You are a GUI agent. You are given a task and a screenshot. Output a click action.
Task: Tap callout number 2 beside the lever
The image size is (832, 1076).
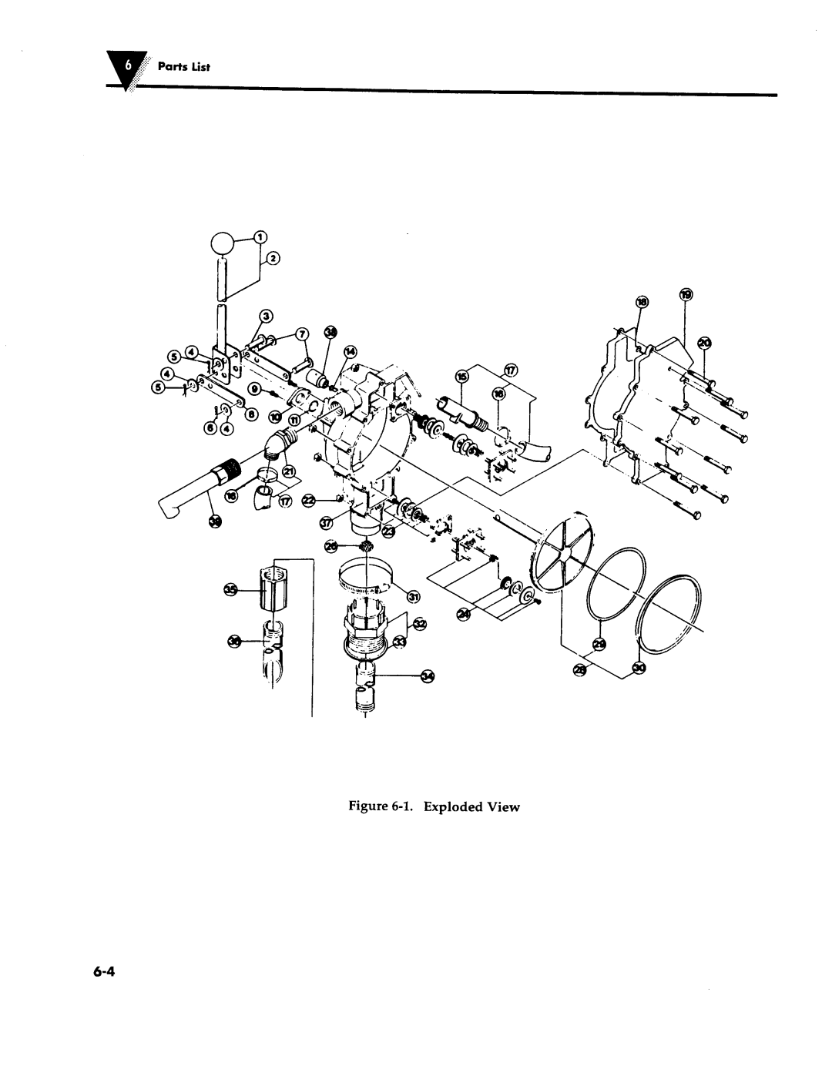tap(273, 259)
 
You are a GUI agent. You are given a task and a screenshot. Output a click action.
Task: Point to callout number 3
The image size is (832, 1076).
tap(266, 316)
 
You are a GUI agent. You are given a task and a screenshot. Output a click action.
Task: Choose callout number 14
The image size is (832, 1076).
tap(350, 351)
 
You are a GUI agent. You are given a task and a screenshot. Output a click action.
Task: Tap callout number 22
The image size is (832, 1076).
tap(309, 501)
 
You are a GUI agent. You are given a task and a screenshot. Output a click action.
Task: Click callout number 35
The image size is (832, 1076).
tap(230, 590)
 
